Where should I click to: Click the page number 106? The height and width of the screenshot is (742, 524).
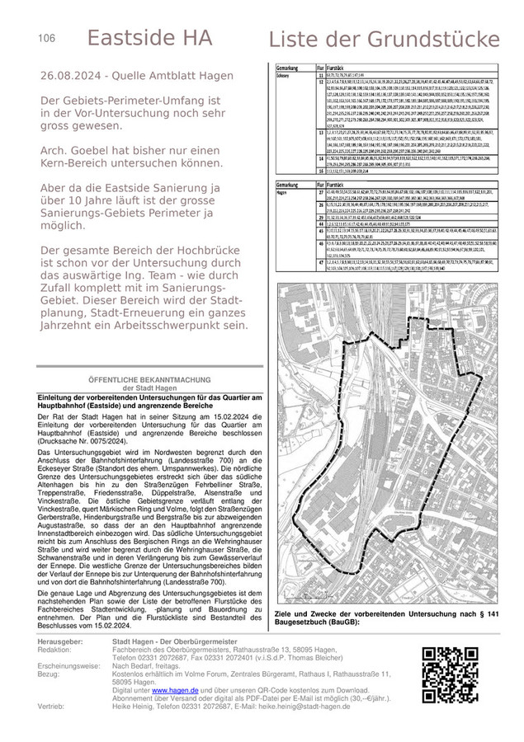[x=46, y=38]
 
